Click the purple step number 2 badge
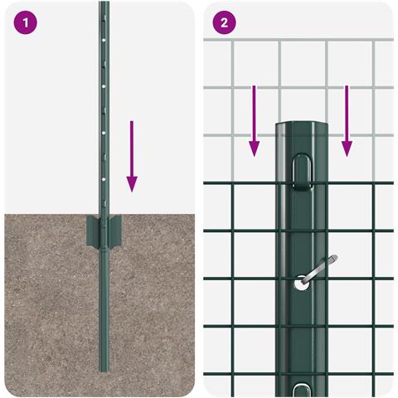pyautogui.click(x=225, y=22)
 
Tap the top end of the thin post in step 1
pyautogui.click(x=104, y=3)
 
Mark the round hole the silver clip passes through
pyautogui.click(x=299, y=284)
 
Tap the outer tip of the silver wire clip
pyautogui.click(x=335, y=260)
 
